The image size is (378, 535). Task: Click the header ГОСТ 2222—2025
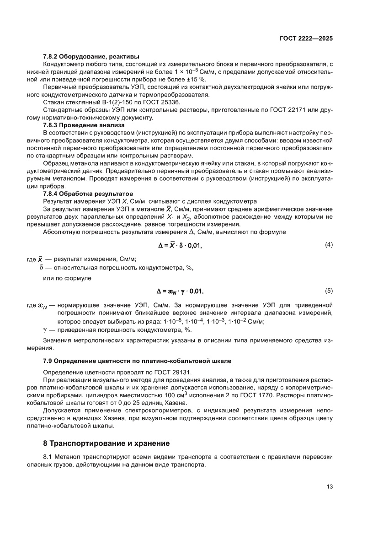pos(305,38)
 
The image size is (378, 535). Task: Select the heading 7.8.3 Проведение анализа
pos(77,125)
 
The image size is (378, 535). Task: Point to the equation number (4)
pos(329,245)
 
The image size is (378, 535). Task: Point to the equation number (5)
pos(329,291)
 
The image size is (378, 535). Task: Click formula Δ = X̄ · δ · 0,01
pos(180,245)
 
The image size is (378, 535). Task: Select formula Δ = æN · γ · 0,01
pos(180,291)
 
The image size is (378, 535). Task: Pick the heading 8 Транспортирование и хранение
pos(106,443)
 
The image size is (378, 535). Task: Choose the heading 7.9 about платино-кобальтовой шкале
pos(137,361)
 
